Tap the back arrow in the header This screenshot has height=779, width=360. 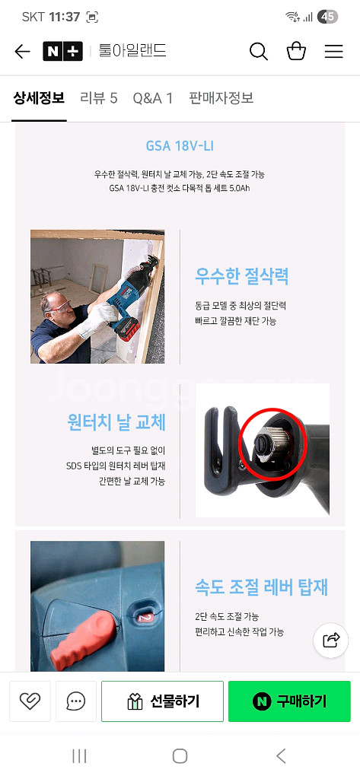click(23, 52)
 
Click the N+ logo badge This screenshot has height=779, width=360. click(62, 52)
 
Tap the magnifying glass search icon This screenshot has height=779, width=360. click(259, 52)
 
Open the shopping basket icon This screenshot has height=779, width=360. click(296, 52)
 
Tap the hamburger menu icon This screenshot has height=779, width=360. click(333, 52)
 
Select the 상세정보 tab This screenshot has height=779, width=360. click(39, 98)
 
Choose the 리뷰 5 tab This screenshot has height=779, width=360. click(99, 98)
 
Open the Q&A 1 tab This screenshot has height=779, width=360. click(153, 98)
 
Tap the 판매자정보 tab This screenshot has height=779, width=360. click(221, 98)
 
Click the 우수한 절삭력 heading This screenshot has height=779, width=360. click(242, 276)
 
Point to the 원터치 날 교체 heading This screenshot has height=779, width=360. click(116, 422)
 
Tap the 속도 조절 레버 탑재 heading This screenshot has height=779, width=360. click(261, 587)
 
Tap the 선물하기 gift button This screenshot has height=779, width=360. click(162, 701)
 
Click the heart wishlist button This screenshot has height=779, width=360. click(30, 701)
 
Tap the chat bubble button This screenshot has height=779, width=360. click(75, 701)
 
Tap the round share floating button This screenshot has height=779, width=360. click(331, 640)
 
